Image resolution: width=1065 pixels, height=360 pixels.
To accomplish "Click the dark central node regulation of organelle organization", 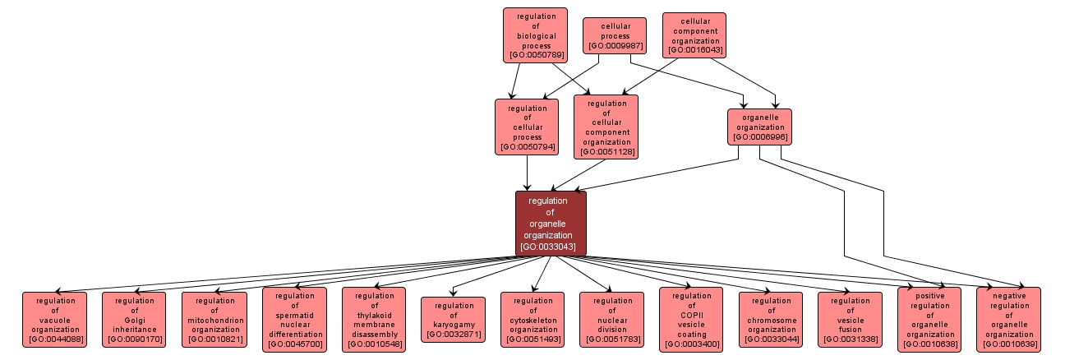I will click(x=551, y=224).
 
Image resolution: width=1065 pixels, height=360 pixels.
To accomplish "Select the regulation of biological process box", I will click(x=536, y=35).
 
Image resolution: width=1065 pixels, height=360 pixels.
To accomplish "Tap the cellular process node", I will click(x=615, y=36).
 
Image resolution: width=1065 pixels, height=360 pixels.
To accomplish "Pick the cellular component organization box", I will click(x=694, y=35).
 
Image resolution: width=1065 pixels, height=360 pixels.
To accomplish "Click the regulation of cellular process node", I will click(x=527, y=127).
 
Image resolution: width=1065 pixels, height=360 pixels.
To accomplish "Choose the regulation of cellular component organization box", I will click(x=606, y=127).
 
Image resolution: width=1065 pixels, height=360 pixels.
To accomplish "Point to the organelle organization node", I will click(x=760, y=127).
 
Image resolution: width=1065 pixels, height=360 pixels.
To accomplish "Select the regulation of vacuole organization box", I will click(x=54, y=320).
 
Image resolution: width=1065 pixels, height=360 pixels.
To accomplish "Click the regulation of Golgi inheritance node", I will click(x=134, y=320).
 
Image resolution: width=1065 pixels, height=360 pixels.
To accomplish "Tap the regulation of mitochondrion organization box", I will click(x=214, y=320).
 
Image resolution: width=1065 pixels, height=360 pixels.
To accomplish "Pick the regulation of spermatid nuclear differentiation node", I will click(x=294, y=320).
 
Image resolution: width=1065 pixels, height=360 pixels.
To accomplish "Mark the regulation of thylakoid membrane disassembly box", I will click(x=374, y=320).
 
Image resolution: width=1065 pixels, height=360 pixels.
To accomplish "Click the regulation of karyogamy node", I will click(x=452, y=320).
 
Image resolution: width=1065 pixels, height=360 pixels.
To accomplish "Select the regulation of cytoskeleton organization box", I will click(x=532, y=320).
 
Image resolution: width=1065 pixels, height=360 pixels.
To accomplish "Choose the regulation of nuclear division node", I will click(x=611, y=320).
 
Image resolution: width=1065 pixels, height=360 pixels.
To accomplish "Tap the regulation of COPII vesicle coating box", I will click(x=691, y=320).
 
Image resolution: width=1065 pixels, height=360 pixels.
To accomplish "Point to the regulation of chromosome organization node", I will click(x=771, y=320).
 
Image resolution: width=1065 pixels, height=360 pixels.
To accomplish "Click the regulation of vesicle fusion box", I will click(x=850, y=320).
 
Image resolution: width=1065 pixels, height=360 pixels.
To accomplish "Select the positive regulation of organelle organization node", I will click(x=929, y=320).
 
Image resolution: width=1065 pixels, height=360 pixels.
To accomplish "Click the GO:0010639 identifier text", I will click(x=1009, y=345).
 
